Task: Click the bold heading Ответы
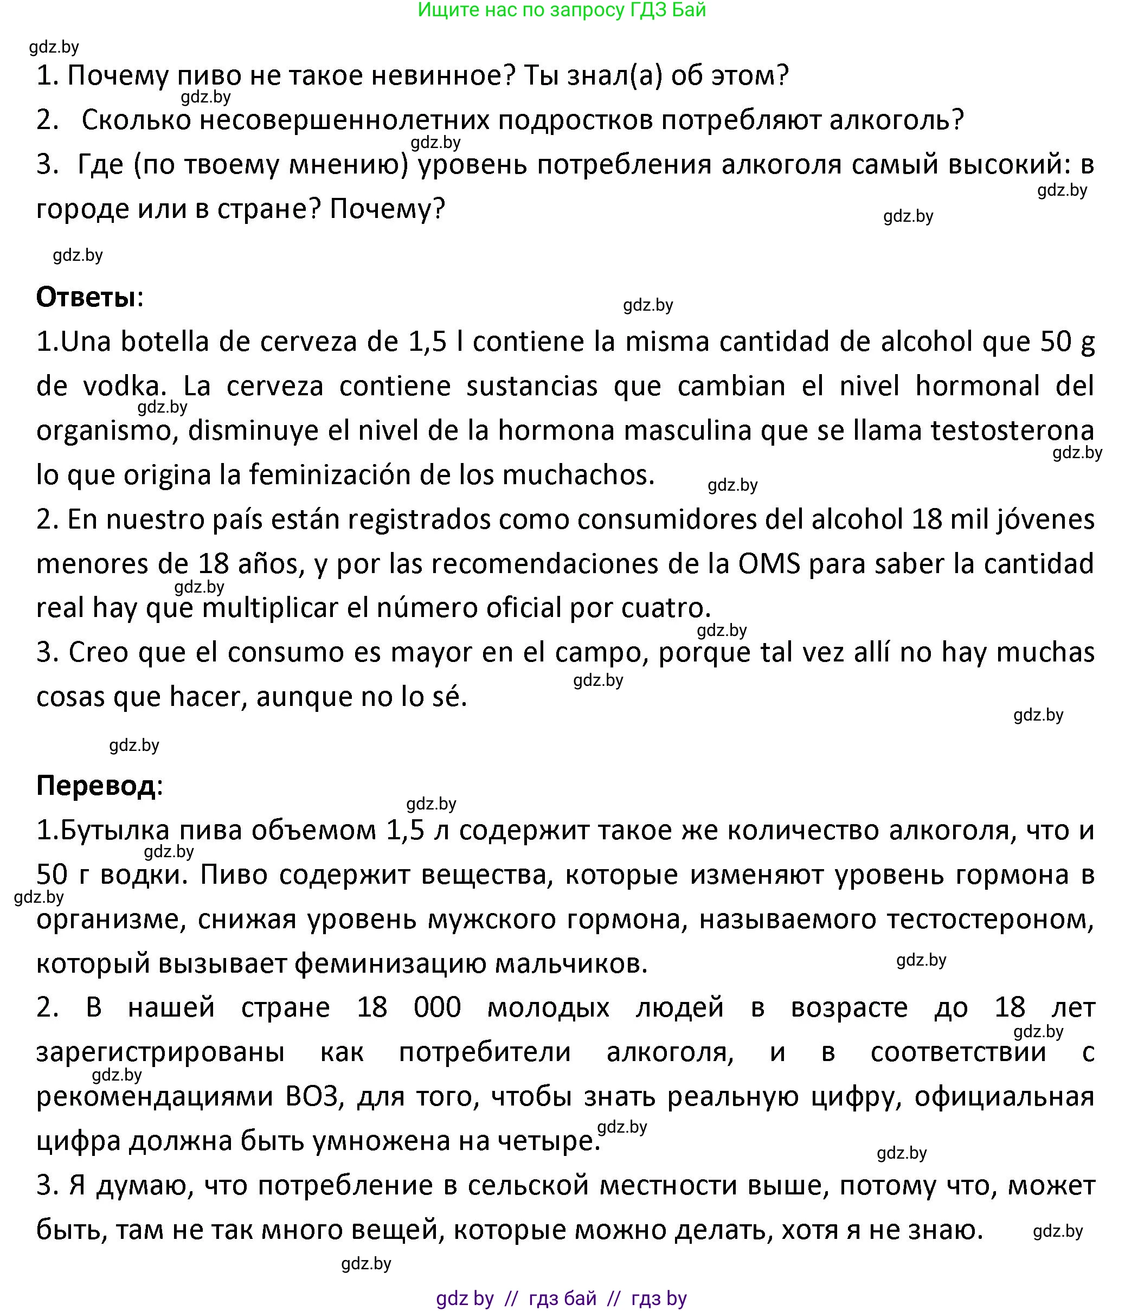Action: point(86,297)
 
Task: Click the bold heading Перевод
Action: point(95,785)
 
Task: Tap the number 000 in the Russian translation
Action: point(437,1007)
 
